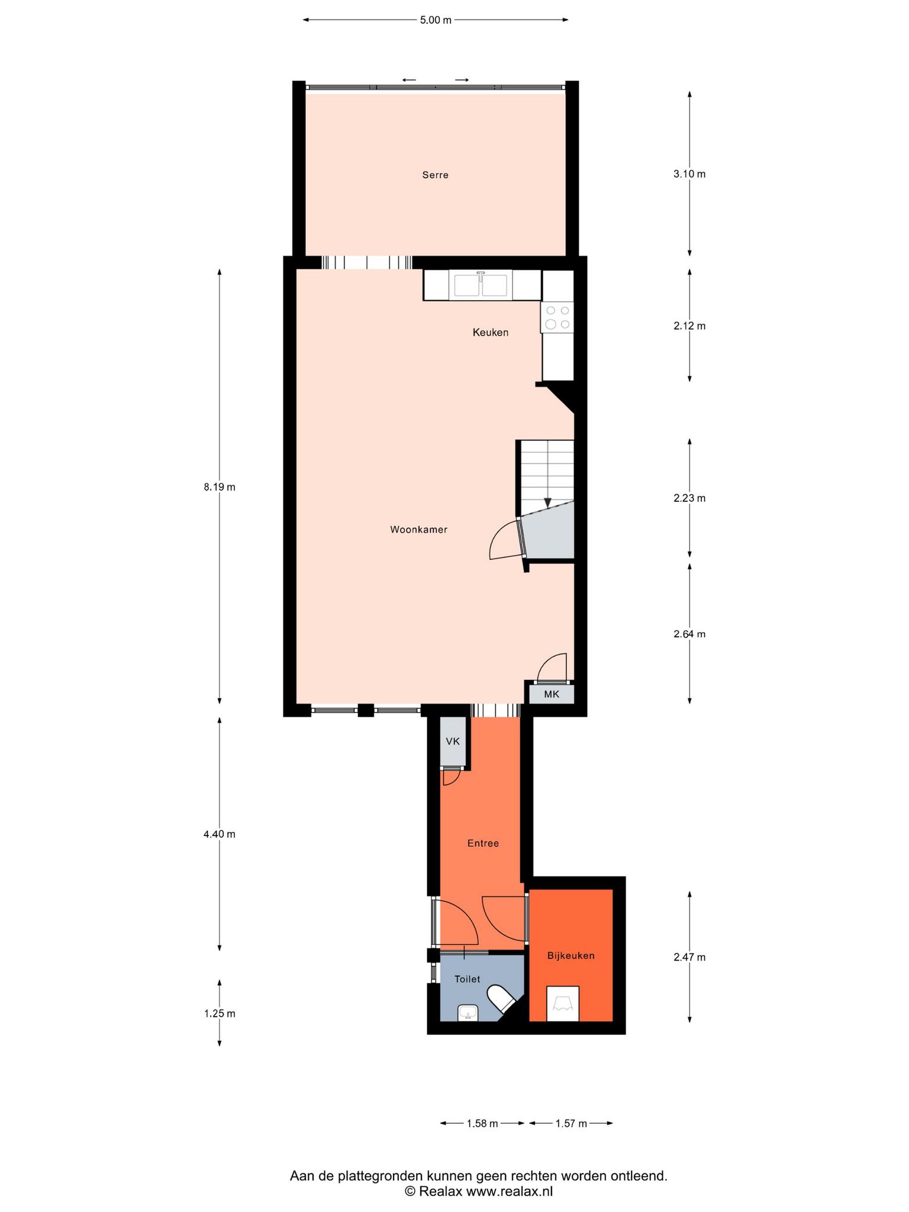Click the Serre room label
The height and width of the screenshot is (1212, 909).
click(435, 175)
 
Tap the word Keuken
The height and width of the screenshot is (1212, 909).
click(490, 333)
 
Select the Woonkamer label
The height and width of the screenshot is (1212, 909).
click(418, 530)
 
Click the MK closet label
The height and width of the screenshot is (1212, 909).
click(551, 694)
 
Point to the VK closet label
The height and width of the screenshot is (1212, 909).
click(453, 741)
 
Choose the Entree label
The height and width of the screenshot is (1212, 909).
click(483, 843)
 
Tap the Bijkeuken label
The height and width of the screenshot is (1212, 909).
click(570, 956)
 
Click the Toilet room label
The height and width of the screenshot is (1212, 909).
click(467, 979)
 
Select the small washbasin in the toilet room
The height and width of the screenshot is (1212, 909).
click(468, 1013)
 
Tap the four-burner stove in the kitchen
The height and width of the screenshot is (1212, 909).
click(557, 317)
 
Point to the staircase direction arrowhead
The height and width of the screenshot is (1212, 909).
click(547, 502)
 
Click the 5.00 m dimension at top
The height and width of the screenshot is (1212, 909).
click(436, 20)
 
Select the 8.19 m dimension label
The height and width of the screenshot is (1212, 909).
click(220, 487)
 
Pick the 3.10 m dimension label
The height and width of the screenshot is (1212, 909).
click(689, 174)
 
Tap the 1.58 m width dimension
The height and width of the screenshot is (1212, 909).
click(482, 1123)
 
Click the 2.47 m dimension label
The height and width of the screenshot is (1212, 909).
click(689, 957)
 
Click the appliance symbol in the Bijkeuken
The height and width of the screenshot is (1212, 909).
click(562, 1004)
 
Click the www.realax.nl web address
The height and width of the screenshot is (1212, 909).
click(510, 1192)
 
